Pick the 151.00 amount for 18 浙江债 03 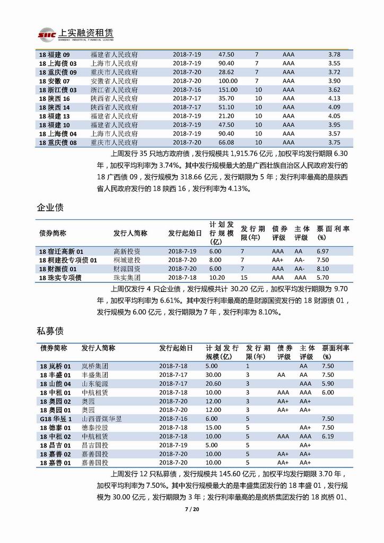pyautogui.click(x=228, y=90)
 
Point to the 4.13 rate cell pyautogui.click(x=334, y=98)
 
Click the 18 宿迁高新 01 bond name pyautogui.click(x=62, y=251)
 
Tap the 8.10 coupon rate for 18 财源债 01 pyautogui.click(x=322, y=269)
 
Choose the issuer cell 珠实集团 pyautogui.click(x=127, y=278)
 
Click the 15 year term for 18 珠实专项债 pyautogui.click(x=244, y=278)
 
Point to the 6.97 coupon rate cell pyautogui.click(x=322, y=251)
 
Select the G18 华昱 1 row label pyautogui.click(x=55, y=418)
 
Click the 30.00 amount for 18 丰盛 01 pyautogui.click(x=213, y=375)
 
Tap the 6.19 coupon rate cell pyautogui.click(x=328, y=436)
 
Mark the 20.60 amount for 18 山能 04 pyautogui.click(x=213, y=383)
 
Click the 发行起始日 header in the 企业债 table pyautogui.click(x=185, y=233)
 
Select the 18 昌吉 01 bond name pyautogui.click(x=55, y=445)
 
